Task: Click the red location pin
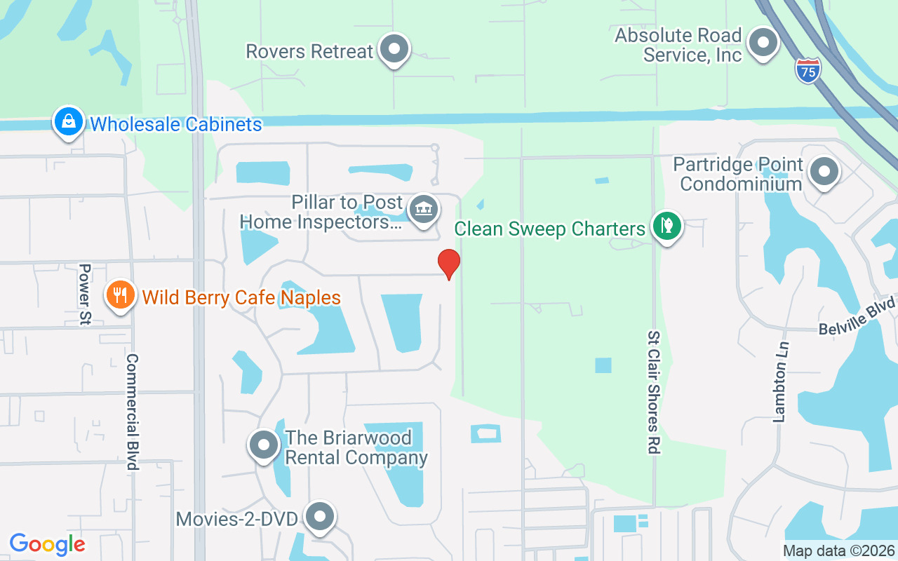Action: pos(449,264)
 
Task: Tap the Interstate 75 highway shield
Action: pos(808,71)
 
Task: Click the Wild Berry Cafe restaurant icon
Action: pos(121,294)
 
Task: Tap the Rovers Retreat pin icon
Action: pos(394,49)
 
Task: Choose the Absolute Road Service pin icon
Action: pos(762,43)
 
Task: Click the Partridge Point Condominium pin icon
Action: pos(824,172)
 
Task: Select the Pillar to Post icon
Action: pos(423,209)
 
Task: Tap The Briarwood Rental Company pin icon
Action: pos(264,445)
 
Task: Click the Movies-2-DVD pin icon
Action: pos(321,517)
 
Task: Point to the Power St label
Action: pos(86,295)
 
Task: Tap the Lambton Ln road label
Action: pos(781,381)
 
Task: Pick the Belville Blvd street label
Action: pos(857,316)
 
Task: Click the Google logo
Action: pos(47,544)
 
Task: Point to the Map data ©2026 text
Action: pos(838,550)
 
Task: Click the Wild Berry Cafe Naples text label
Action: pos(241,297)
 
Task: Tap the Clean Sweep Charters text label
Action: pos(549,229)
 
